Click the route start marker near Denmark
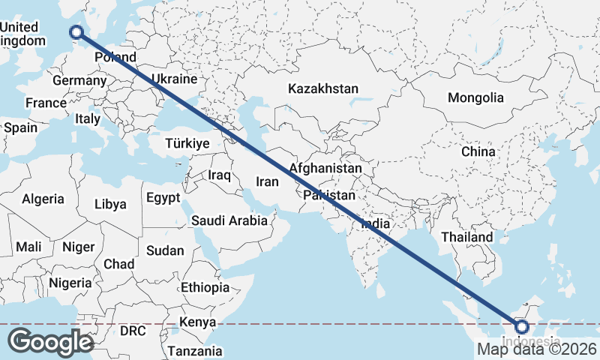(76, 31)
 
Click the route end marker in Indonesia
(522, 327)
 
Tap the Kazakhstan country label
(323, 88)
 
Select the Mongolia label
(475, 97)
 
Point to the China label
(478, 151)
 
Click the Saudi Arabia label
(229, 220)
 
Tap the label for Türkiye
(187, 143)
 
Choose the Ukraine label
(174, 79)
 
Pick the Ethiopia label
(205, 287)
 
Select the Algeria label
(43, 199)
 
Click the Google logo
(50, 342)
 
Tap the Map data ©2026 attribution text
(537, 349)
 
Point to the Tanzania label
(195, 350)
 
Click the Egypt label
(163, 198)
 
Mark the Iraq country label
(219, 175)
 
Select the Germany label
(79, 80)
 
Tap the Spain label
(20, 127)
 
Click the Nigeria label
(70, 283)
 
